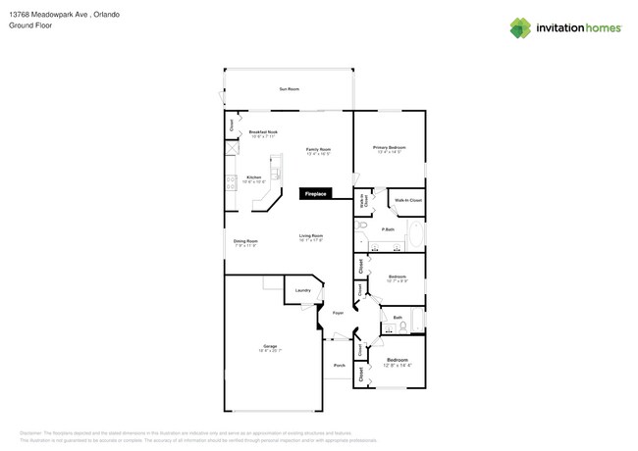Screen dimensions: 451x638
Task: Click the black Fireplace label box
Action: point(316,194)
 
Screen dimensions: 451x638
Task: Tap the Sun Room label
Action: point(289,89)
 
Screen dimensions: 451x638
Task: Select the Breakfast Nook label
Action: point(263,132)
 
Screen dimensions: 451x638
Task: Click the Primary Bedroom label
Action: point(390,149)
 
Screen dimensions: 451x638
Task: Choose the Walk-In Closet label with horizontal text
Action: point(407,200)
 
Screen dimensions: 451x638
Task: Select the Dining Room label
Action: point(245,242)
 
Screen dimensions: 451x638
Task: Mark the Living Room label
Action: point(311,237)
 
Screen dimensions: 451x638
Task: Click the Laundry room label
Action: point(302,290)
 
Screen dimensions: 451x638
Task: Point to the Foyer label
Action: point(338,314)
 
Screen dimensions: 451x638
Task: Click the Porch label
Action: point(339,366)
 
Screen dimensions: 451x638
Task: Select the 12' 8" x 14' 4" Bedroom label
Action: point(398,362)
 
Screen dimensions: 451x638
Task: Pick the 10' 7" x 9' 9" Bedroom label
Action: point(398,278)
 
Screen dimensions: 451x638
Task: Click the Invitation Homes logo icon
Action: point(519,28)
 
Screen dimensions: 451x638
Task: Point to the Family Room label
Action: point(319,151)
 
